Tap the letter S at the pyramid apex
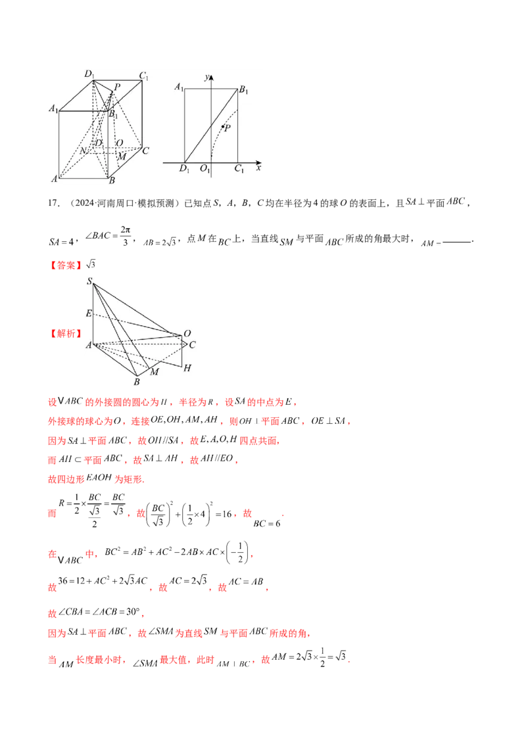pyautogui.click(x=89, y=282)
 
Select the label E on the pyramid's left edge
pyautogui.click(x=89, y=314)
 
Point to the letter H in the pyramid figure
pyautogui.click(x=187, y=368)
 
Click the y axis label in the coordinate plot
pyautogui.click(x=206, y=78)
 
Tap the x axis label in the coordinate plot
pyautogui.click(x=258, y=168)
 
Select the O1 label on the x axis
pyautogui.click(x=206, y=170)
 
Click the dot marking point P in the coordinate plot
pyautogui.click(x=223, y=126)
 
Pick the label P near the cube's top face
pyautogui.click(x=117, y=87)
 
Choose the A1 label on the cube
pyautogui.click(x=54, y=108)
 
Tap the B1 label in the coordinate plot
pyautogui.click(x=243, y=90)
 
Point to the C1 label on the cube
pyautogui.click(x=143, y=75)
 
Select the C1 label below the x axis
pyautogui.click(x=240, y=170)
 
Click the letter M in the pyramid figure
pyautogui.click(x=156, y=372)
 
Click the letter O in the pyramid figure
pyautogui.click(x=187, y=333)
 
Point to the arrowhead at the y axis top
pyautogui.click(x=211, y=77)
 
